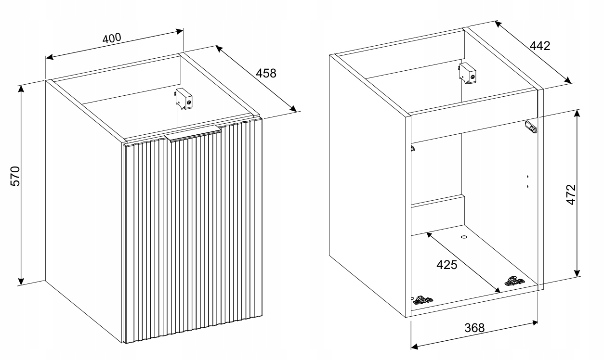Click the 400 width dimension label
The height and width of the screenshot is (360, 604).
click(112, 39)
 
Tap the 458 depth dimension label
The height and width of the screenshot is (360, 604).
click(266, 73)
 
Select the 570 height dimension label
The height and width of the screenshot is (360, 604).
click(15, 176)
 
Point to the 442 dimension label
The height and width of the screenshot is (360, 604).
click(540, 46)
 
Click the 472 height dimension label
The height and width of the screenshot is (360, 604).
click(571, 194)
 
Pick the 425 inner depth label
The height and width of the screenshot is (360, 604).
click(447, 265)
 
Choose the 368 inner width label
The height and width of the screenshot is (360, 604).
click(474, 328)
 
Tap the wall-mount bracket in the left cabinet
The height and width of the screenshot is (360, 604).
click(184, 99)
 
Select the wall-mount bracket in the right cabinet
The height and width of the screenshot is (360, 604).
click(467, 73)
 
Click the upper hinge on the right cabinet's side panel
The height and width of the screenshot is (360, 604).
click(531, 127)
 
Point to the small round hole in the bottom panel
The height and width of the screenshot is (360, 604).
click(464, 237)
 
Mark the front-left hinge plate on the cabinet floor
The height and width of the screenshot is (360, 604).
click(422, 299)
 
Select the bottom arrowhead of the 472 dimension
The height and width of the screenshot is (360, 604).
click(577, 273)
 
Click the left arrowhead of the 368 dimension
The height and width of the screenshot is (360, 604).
click(415, 347)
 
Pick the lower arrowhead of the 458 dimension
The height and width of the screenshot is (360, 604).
click(293, 108)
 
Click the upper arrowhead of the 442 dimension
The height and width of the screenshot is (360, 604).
click(499, 24)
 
